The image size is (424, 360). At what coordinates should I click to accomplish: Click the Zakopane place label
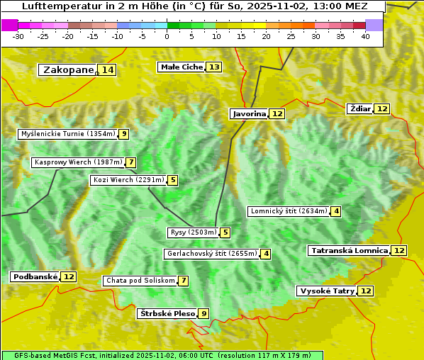point(68,69)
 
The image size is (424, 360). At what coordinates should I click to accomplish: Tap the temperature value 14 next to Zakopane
point(107,69)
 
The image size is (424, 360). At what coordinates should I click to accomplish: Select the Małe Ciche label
point(182,67)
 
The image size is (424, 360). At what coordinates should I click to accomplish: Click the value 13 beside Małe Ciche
point(213,67)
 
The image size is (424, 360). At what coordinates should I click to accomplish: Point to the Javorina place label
point(249,113)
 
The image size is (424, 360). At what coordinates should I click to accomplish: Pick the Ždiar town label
point(360,108)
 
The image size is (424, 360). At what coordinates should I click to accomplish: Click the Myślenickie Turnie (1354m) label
point(68,133)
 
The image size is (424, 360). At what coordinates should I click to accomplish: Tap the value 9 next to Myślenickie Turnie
point(124,134)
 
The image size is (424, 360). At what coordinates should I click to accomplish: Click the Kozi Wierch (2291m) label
point(128,180)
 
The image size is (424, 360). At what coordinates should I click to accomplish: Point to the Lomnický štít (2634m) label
point(289,211)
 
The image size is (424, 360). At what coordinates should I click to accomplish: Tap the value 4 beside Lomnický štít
point(336,211)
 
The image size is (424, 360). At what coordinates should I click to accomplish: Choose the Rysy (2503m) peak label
point(193,232)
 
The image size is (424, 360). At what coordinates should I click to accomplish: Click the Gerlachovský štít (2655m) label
point(211,254)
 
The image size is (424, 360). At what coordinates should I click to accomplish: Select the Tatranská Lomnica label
point(349,250)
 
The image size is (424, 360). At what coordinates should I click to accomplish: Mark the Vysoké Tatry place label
point(327,291)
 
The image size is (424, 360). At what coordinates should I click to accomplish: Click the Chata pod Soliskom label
point(140,281)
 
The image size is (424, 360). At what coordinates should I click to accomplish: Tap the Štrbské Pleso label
point(167,313)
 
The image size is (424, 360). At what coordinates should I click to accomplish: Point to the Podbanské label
point(35,276)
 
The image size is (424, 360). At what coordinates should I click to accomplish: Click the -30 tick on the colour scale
point(19,35)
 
